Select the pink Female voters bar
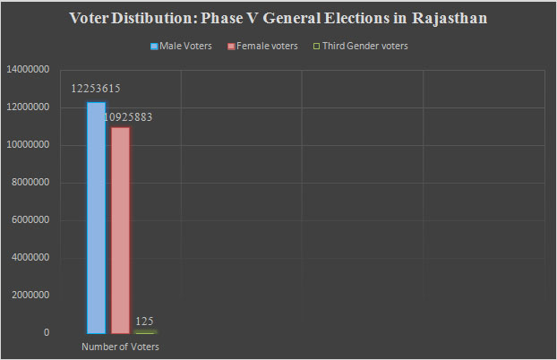(120, 230)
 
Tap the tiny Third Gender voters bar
(145, 331)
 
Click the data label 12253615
(96, 89)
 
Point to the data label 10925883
(127, 116)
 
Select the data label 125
(145, 321)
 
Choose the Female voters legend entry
(265, 46)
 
